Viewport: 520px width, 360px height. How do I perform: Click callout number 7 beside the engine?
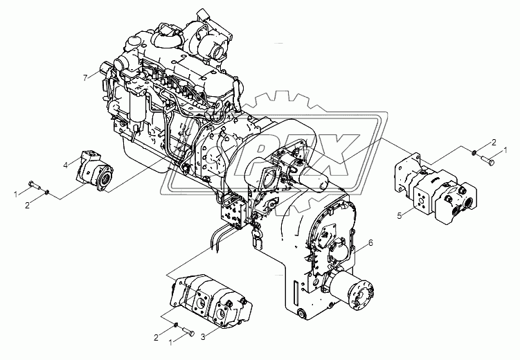(85, 77)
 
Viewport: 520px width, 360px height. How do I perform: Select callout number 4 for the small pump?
(66, 165)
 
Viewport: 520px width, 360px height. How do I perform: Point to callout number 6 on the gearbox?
(370, 243)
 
